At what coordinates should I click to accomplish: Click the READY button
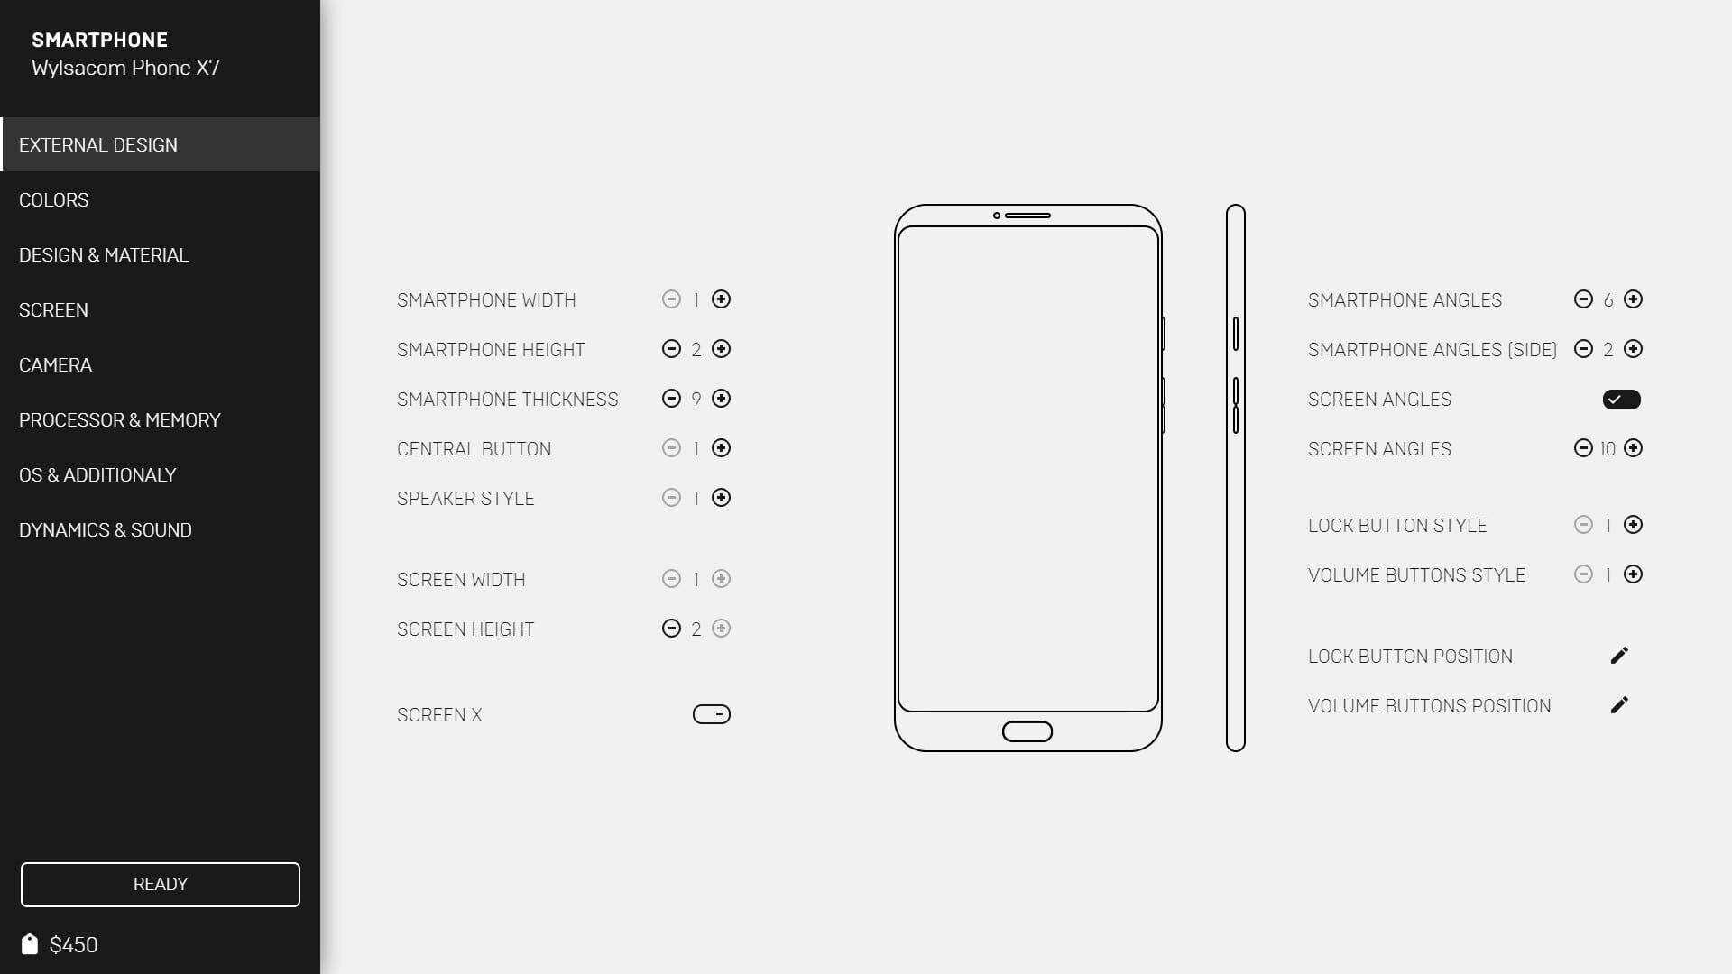161,884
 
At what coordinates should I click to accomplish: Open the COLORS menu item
54,199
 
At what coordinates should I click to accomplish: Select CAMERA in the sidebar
56,364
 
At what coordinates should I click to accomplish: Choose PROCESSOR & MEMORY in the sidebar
120,419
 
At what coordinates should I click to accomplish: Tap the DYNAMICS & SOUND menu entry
106,529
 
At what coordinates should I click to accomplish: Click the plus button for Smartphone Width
721,299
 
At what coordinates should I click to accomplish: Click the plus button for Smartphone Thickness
721,399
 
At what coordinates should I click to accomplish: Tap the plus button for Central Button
721,448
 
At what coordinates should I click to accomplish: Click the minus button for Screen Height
671,629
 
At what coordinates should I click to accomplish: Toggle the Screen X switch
712,714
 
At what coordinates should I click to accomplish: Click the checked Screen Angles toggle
1622,400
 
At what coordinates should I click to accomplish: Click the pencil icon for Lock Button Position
1619,656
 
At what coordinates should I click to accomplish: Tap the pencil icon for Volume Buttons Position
1619,705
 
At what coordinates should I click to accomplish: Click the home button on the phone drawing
1027,731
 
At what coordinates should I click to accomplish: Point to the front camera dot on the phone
997,216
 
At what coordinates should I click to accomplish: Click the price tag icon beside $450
30,943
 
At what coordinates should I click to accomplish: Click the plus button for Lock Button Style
1633,525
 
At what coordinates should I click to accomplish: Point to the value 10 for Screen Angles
1608,449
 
